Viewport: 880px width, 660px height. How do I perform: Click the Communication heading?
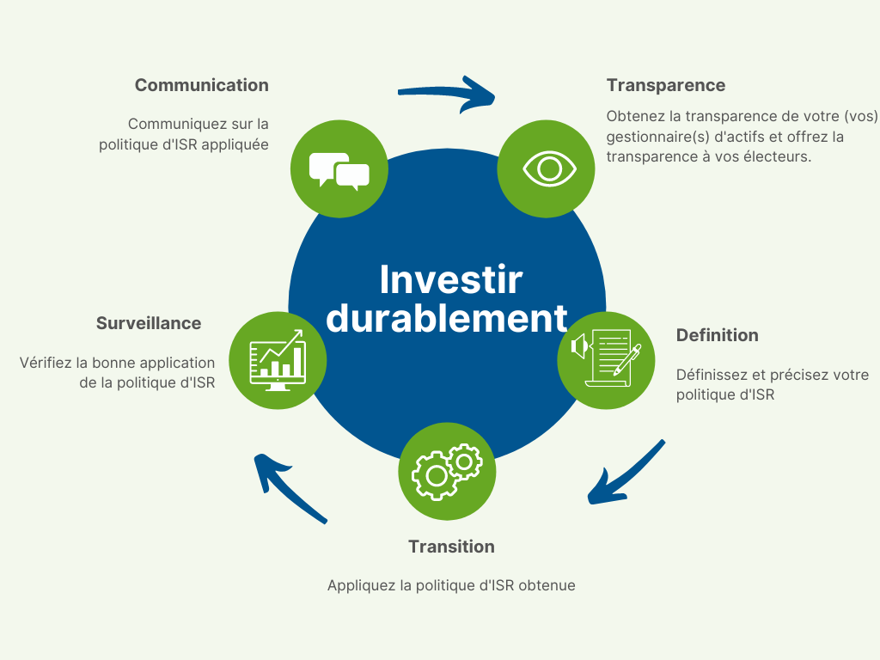click(201, 85)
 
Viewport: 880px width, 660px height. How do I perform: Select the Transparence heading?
click(666, 85)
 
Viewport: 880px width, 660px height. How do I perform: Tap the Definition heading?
click(718, 335)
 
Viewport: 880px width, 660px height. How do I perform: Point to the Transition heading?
click(451, 547)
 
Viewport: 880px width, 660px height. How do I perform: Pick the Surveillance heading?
click(149, 323)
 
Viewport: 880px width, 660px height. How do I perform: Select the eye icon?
click(549, 168)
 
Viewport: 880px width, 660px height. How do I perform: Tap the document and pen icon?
click(606, 358)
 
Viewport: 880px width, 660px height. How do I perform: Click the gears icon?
click(447, 472)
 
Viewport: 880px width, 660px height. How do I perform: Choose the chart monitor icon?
click(278, 360)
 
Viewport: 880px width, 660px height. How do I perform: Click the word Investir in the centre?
click(451, 279)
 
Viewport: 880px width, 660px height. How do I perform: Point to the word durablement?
click(447, 318)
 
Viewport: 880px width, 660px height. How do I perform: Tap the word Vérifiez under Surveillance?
click(46, 363)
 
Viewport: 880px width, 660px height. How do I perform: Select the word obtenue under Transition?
click(547, 585)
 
